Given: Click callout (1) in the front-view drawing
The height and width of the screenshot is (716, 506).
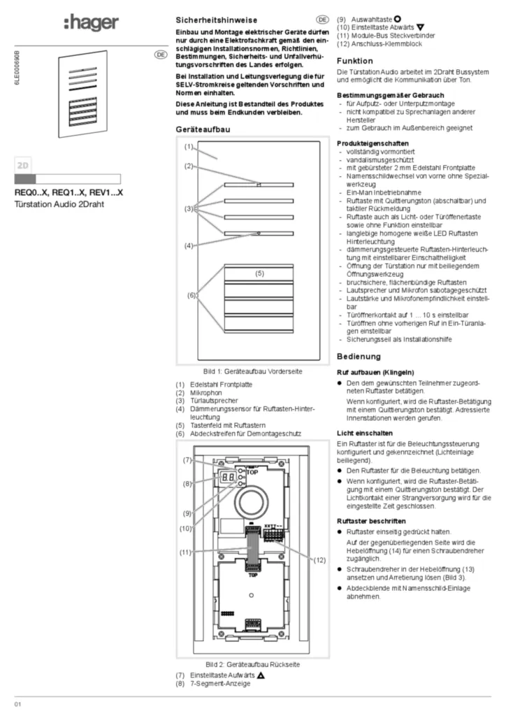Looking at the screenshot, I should [189, 147].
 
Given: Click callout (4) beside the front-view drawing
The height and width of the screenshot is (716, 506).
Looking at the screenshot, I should [189, 245].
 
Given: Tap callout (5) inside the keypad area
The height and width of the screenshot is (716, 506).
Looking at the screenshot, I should [259, 273].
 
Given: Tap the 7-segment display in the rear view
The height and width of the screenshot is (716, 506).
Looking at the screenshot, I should [225, 478].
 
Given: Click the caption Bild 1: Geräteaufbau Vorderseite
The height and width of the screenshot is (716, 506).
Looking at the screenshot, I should [252, 371].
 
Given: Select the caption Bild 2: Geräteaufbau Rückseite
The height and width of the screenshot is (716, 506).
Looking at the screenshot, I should [252, 664].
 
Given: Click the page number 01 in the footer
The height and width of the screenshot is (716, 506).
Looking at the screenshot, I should [19, 703].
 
